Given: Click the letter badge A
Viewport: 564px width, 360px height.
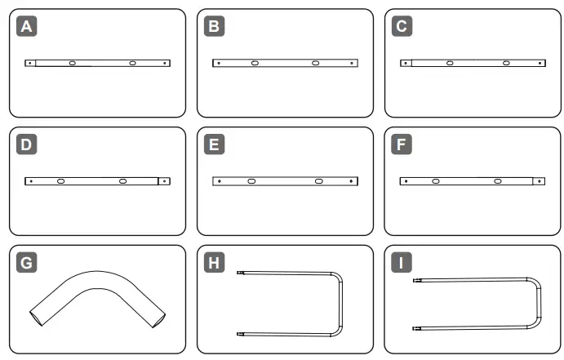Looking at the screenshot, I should [28, 27].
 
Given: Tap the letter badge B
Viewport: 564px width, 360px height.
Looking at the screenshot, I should [214, 27].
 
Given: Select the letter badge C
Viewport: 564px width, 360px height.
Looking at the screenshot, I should [402, 27].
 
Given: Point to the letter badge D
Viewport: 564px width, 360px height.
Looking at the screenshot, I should [28, 145].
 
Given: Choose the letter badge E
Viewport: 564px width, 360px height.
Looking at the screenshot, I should [214, 145].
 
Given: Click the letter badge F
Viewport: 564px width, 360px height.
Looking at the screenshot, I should [402, 145].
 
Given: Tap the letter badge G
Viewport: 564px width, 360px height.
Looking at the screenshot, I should [28, 263].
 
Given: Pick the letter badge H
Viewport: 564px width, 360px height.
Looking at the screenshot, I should [214, 263].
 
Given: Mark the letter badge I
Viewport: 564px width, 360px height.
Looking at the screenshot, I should [402, 263].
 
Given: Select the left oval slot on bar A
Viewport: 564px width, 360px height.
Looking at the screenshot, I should [73, 63].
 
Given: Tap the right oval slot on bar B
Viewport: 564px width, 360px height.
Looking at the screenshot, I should [315, 63].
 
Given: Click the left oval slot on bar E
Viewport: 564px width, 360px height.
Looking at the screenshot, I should [251, 181].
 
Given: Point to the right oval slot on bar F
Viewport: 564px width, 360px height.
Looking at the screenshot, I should [496, 181].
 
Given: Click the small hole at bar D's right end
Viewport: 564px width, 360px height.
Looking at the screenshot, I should [164, 181].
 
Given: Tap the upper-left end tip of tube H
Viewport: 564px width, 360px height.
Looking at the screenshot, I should [239, 273].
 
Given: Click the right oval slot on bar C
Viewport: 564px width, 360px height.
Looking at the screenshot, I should [507, 63].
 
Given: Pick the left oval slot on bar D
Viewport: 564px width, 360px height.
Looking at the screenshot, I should [60, 181].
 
